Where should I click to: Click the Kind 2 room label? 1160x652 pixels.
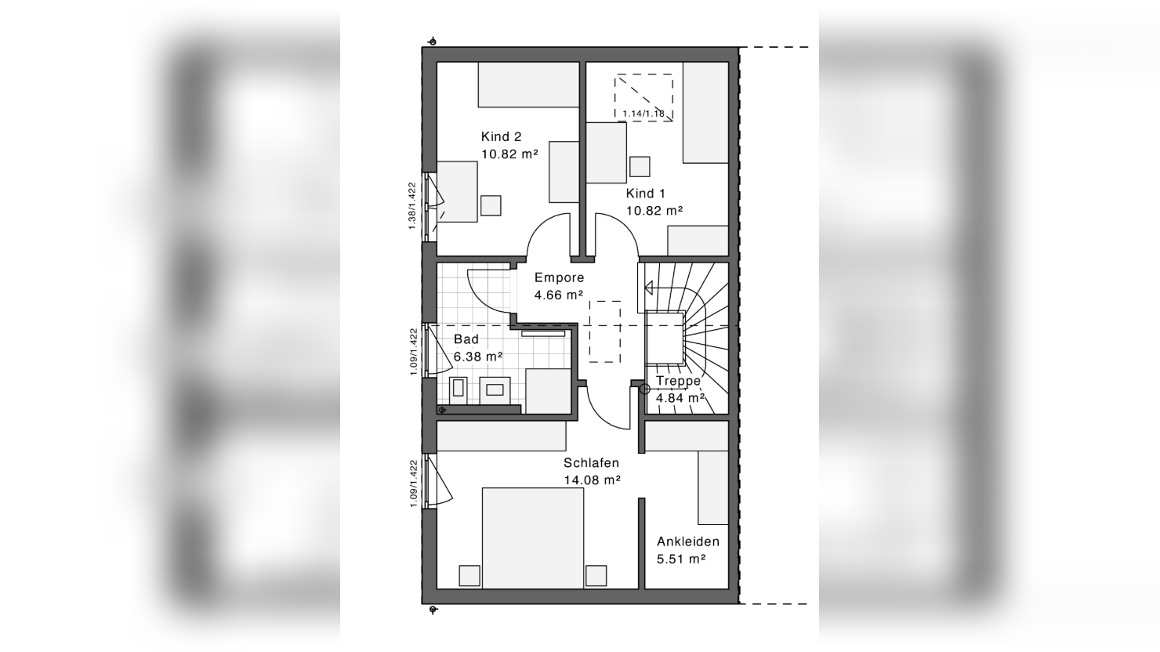[501, 136]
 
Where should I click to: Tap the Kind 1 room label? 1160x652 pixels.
[645, 194]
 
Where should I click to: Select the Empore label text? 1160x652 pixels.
[560, 277]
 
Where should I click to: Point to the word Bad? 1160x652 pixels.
[466, 339]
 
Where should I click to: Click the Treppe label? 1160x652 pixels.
[679, 381]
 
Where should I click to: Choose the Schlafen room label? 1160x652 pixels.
[592, 462]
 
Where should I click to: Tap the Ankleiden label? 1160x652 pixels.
[688, 542]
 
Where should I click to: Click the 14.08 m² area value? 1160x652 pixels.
[593, 480]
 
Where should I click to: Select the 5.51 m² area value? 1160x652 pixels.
[682, 560]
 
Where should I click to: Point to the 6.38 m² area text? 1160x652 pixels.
[478, 357]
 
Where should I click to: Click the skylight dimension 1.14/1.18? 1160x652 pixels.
[643, 114]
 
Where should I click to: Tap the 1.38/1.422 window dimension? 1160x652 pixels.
[412, 206]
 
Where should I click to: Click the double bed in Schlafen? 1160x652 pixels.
[533, 538]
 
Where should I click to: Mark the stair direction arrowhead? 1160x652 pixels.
[648, 288]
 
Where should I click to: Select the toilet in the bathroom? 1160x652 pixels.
[459, 390]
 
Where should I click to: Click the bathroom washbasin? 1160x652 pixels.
[495, 390]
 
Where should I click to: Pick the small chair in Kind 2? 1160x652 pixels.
[491, 205]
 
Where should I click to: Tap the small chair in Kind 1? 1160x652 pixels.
[640, 167]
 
